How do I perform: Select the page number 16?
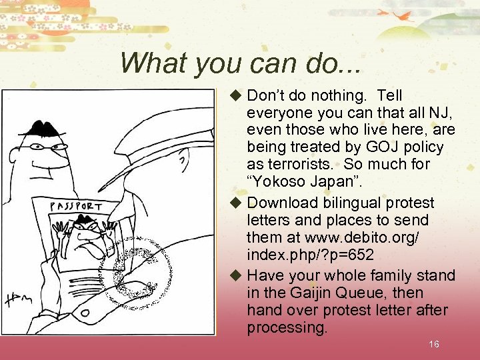pos(434,344)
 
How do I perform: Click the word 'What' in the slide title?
pos(149,63)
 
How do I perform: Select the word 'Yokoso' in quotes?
pos(281,181)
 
